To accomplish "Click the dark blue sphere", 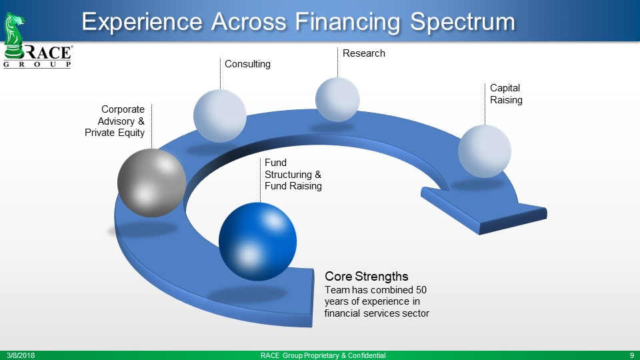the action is tap(257, 241).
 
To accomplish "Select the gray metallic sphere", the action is tap(152, 183).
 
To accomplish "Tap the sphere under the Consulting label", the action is tap(220, 116).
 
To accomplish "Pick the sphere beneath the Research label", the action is tap(337, 99).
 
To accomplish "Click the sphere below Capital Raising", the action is tap(485, 151).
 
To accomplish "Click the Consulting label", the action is tap(247, 64).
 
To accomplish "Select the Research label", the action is tap(364, 53).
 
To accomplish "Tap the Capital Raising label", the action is tap(506, 94).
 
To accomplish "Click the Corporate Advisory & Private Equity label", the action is tap(115, 121).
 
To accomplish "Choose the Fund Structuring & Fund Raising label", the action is tap(293, 174).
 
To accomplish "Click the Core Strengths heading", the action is tap(367, 276).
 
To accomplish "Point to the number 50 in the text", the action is tap(421, 290).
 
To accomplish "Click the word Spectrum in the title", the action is tap(463, 21).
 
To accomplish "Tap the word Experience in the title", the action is tap(142, 21).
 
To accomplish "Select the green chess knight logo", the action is tap(14, 35).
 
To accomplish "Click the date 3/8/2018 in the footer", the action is tap(21, 355).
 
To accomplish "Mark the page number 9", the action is tap(632, 355).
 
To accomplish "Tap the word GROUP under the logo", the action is tap(37, 65).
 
